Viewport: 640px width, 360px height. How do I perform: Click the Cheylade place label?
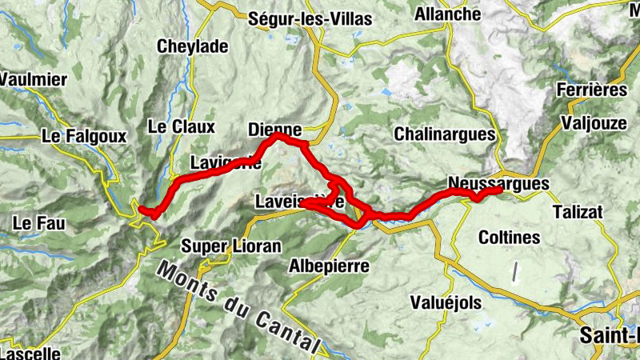tap(193, 46)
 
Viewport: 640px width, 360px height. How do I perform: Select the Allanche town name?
tap(448, 14)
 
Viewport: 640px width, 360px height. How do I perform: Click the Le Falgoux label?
tap(85, 138)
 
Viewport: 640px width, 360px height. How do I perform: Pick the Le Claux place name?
tap(182, 126)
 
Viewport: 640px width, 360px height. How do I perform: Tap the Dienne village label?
tap(275, 130)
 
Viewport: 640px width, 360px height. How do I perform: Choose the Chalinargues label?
tap(444, 134)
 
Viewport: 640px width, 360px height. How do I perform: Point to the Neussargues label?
tap(498, 183)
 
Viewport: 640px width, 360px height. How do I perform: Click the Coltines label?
tap(509, 237)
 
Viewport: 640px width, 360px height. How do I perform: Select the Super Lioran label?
tap(232, 246)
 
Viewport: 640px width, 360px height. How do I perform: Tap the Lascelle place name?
tap(30, 352)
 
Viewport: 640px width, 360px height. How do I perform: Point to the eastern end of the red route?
tap(500, 190)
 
